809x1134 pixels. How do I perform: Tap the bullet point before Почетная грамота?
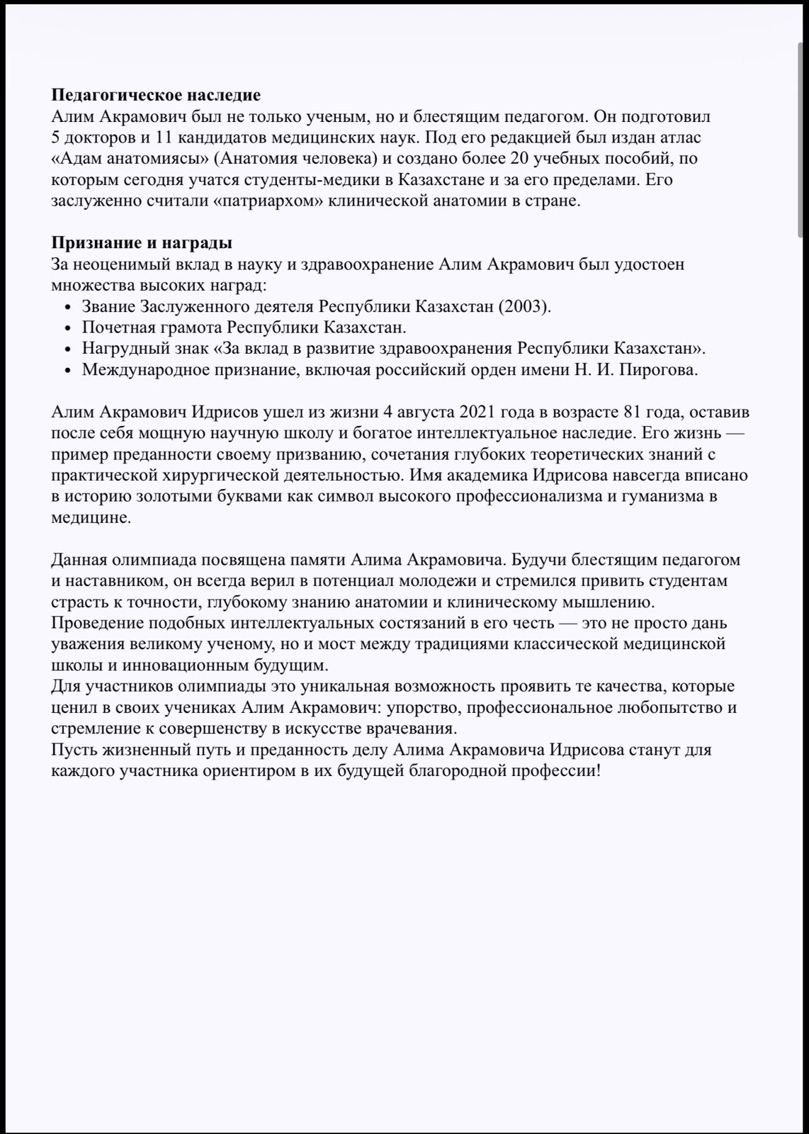coord(67,328)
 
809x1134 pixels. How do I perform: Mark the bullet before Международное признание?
coord(67,371)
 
